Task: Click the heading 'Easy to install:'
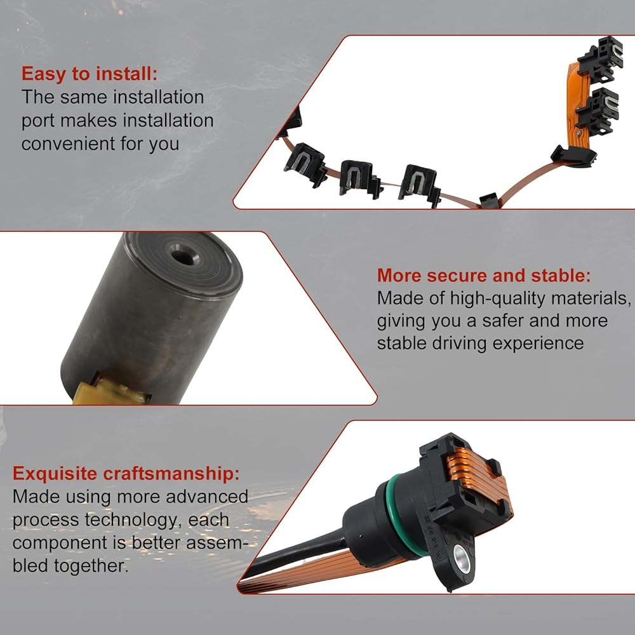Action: tap(89, 74)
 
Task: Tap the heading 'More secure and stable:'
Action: tap(484, 275)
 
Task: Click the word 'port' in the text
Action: tap(40, 121)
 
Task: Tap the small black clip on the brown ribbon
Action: tap(487, 199)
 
